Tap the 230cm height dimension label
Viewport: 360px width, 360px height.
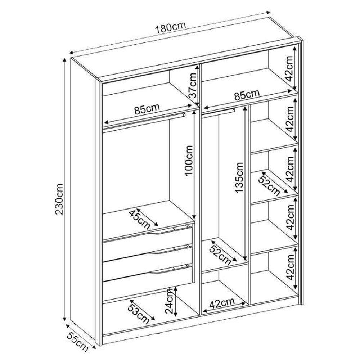tap(59, 199)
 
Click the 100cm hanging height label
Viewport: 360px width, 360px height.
tap(189, 161)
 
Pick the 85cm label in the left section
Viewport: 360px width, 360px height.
tap(147, 109)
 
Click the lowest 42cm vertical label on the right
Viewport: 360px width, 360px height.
tap(291, 267)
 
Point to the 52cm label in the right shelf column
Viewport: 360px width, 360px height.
tap(269, 184)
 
